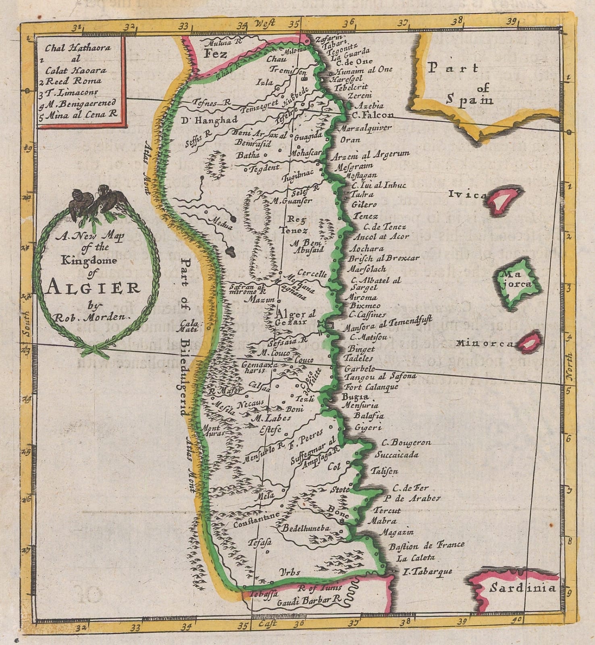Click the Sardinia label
click(x=522, y=588)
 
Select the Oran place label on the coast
click(x=350, y=140)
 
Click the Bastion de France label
click(x=426, y=545)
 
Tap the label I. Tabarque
click(x=428, y=571)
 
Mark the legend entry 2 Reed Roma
click(x=74, y=81)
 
